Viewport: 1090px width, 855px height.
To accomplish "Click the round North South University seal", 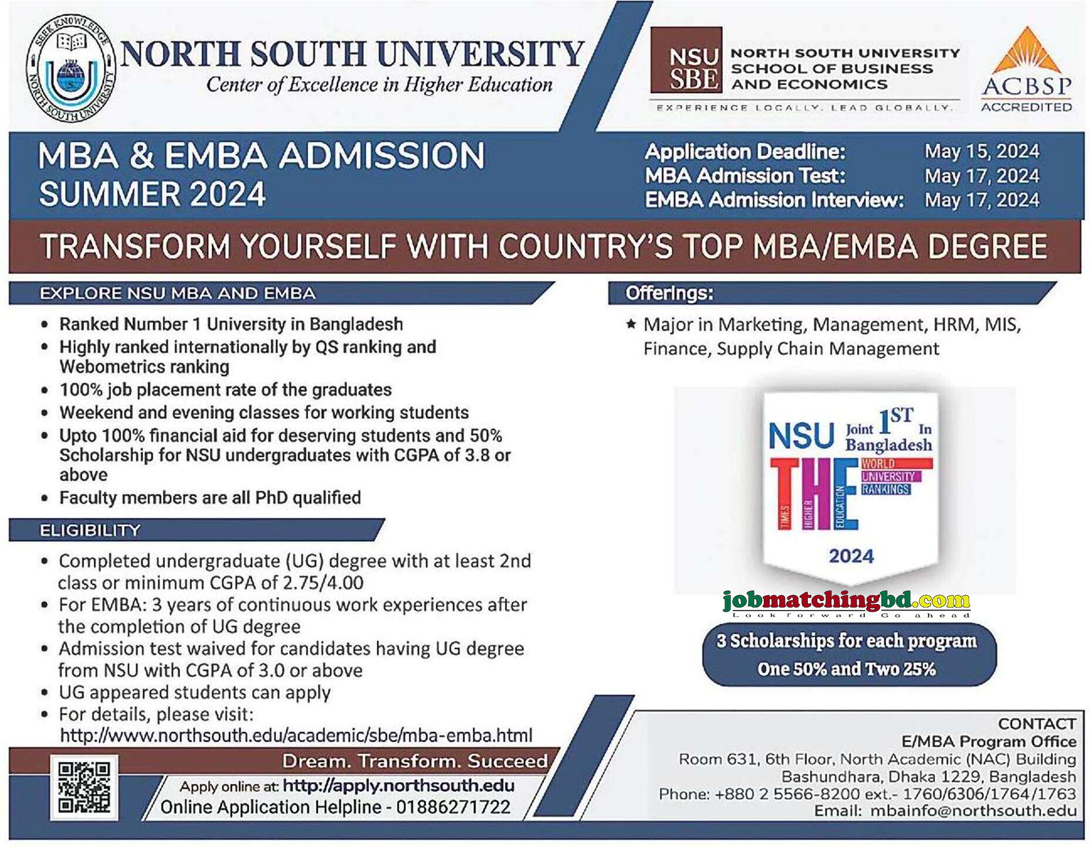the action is (x=71, y=68).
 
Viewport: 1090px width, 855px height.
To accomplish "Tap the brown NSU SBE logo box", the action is (x=686, y=60).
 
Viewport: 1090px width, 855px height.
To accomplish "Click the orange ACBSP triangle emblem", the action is (x=1027, y=51).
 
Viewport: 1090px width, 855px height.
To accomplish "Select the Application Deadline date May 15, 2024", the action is (x=981, y=151).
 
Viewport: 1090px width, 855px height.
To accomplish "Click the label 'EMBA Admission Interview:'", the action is (x=774, y=200).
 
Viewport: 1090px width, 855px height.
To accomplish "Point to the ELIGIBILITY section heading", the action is (x=90, y=530).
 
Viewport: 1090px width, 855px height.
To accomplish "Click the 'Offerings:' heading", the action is (x=669, y=293).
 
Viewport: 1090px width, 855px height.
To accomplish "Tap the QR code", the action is (x=84, y=786).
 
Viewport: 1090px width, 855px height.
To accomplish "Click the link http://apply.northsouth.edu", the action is (x=398, y=785).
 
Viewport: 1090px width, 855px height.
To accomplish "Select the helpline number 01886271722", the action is (x=453, y=808).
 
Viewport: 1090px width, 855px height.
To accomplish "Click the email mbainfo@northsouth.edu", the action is (x=973, y=810).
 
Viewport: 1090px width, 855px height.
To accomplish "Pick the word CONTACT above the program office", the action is (x=1037, y=724).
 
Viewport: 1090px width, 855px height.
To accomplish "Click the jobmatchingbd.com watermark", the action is (x=846, y=600).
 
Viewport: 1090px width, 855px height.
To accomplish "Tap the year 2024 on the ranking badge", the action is (x=851, y=556).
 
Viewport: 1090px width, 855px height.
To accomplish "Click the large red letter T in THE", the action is (x=785, y=493).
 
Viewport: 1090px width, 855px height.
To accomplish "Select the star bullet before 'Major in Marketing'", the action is (x=631, y=324).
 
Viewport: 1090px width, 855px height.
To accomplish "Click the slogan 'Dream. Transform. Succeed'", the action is (x=415, y=761).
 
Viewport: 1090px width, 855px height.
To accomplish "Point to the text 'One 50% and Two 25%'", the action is (x=846, y=669).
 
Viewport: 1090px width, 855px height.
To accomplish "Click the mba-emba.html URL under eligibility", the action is (x=296, y=735).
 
